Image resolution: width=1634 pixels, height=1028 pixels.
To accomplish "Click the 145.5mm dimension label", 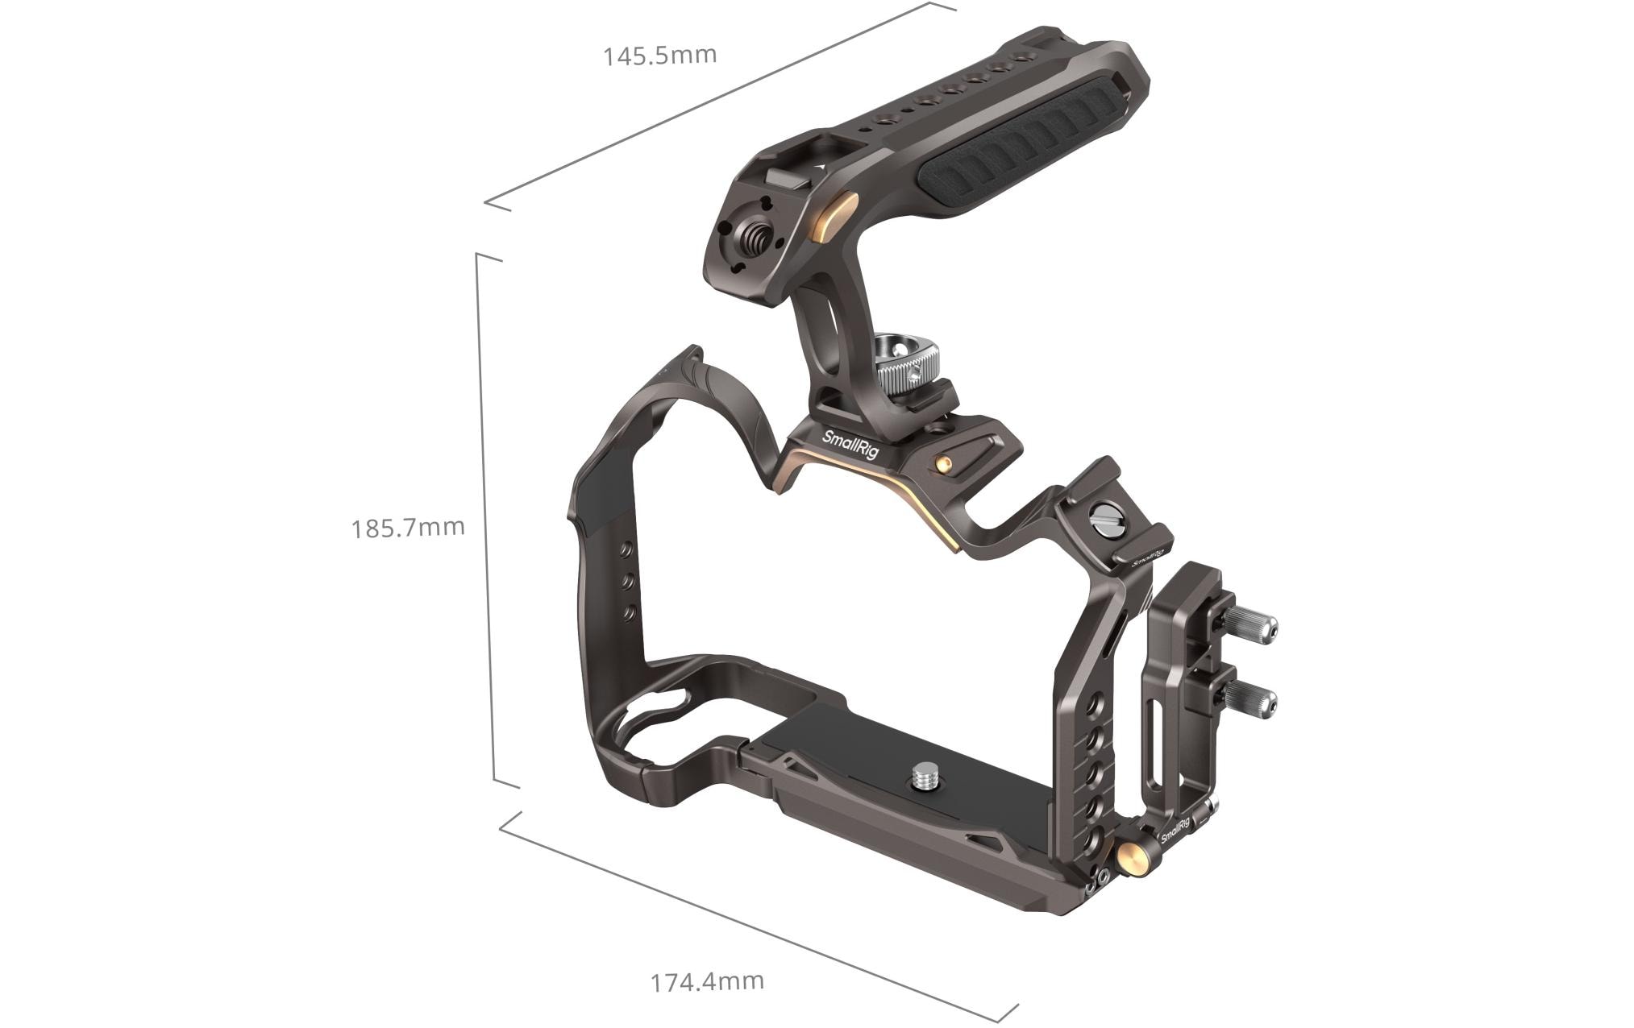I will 659,56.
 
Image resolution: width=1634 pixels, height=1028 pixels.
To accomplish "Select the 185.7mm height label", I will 408,528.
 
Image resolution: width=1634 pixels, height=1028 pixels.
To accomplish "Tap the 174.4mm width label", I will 707,981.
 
